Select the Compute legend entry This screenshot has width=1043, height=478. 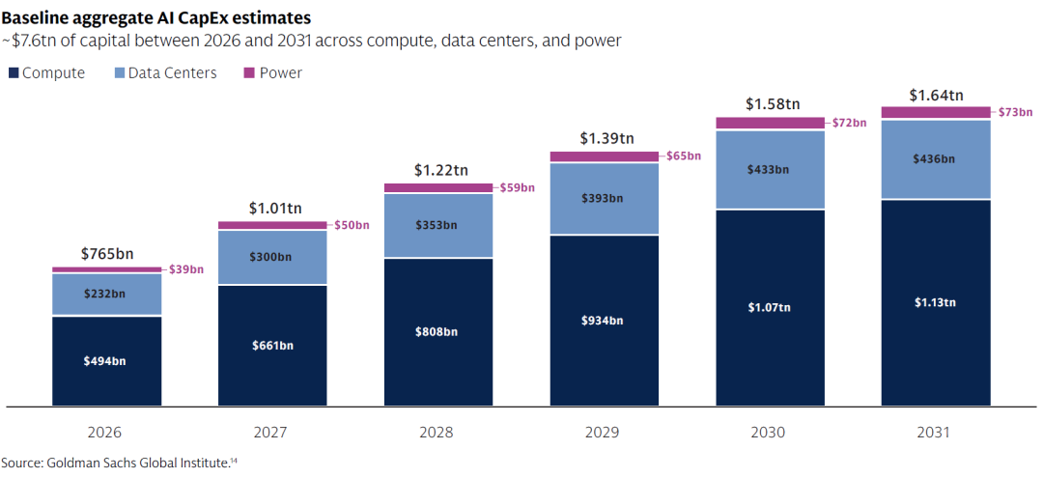pyautogui.click(x=46, y=73)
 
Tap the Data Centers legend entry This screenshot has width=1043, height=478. pyautogui.click(x=166, y=73)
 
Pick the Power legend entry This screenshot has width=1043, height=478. pyautogui.click(x=273, y=73)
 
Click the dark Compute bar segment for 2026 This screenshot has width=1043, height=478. pyautogui.click(x=107, y=361)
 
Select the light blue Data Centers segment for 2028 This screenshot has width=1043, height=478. pyautogui.click(x=438, y=225)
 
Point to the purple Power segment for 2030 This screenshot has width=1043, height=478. pyautogui.click(x=771, y=123)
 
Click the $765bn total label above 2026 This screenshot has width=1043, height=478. pyautogui.click(x=106, y=253)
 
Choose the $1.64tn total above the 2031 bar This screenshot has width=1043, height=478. pyautogui.click(x=936, y=95)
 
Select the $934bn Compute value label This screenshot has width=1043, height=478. pyautogui.click(x=604, y=321)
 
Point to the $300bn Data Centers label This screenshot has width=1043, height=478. pyautogui.click(x=272, y=257)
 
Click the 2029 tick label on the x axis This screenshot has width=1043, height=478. pyautogui.click(x=604, y=433)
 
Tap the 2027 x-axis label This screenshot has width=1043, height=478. pyautogui.click(x=271, y=433)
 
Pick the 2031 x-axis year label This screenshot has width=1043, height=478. pyautogui.click(x=935, y=433)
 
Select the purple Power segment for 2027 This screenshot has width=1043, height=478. pyautogui.click(x=272, y=225)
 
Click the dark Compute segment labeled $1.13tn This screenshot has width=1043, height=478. pyautogui.click(x=936, y=302)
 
